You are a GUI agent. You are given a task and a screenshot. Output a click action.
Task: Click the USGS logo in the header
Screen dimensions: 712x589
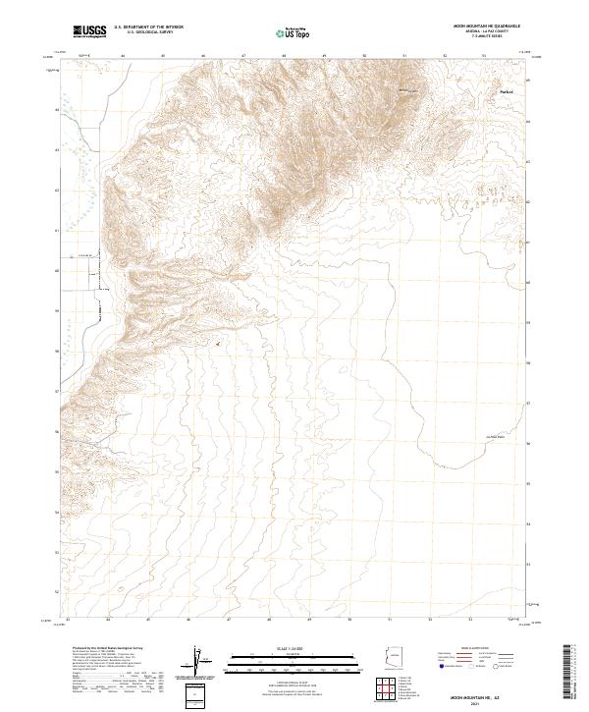(90, 32)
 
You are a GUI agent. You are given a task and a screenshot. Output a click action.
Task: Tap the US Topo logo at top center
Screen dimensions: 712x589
(294, 33)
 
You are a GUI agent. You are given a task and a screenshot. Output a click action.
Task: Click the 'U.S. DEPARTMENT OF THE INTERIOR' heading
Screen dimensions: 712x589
(146, 28)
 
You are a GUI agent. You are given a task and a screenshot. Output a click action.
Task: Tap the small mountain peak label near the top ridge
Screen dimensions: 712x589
(406, 91)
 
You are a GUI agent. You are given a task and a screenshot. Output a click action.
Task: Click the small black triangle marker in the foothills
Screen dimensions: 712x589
(218, 344)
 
